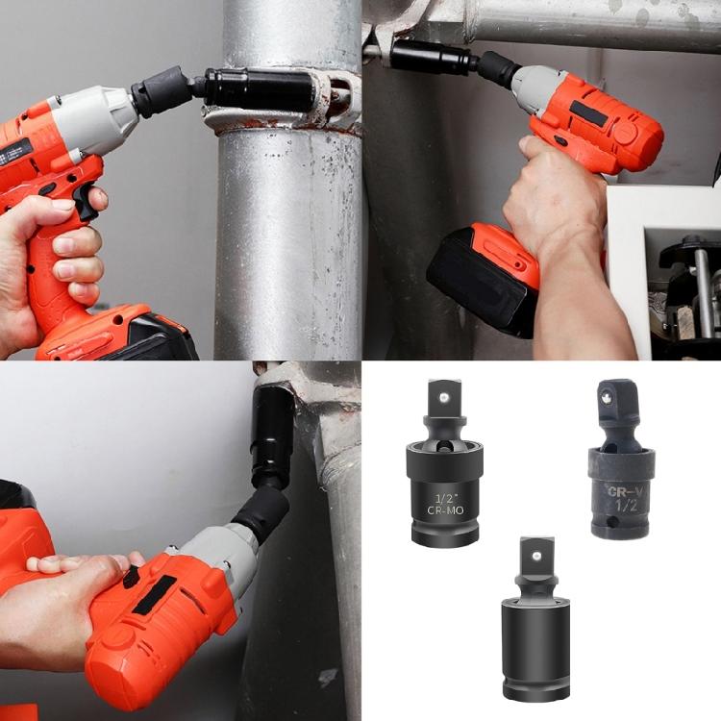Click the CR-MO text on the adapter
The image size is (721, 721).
point(445,511)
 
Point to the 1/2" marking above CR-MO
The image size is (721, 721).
point(444,497)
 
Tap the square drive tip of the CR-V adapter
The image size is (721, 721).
point(609,393)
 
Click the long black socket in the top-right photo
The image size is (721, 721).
point(430,56)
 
